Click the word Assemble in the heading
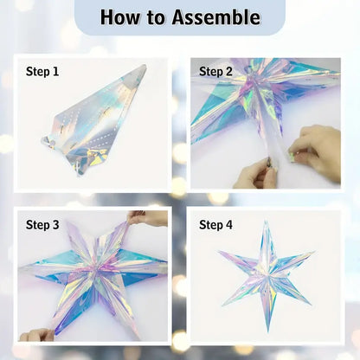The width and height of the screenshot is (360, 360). point(216,17)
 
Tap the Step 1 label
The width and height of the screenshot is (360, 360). point(42,72)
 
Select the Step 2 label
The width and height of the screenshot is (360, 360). point(215,72)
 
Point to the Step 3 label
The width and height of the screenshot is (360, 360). point(42,225)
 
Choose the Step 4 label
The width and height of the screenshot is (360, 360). point(215,225)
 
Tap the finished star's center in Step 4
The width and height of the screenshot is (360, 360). point(266,274)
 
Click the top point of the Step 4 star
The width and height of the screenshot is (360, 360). point(266,222)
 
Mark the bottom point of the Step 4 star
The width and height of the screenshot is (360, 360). point(268,331)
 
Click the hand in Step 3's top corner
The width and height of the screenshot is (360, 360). point(147,218)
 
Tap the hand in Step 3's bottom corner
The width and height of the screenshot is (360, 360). point(36,335)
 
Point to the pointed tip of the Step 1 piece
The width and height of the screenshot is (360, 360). point(145,66)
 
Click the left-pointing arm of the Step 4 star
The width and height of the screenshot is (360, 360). point(240,261)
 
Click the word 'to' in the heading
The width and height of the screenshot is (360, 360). point(156,18)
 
